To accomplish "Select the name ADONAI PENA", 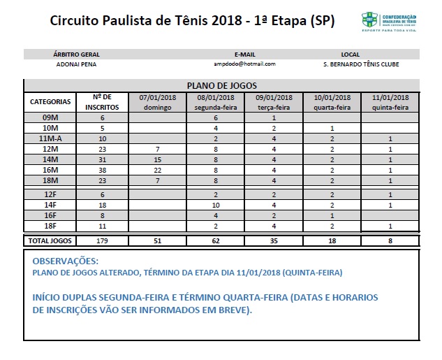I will click(x=77, y=64).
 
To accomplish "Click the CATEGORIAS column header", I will click(x=50, y=102).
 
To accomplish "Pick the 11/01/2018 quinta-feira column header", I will click(x=390, y=102).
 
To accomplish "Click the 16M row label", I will click(x=50, y=170).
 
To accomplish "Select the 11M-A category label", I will click(x=50, y=139).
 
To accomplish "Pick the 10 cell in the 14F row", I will click(x=216, y=205).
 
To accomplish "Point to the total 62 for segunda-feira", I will click(x=216, y=240).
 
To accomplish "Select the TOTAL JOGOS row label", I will click(x=50, y=240).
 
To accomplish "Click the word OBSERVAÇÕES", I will click(x=67, y=261).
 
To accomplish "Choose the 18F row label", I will click(x=50, y=226).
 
